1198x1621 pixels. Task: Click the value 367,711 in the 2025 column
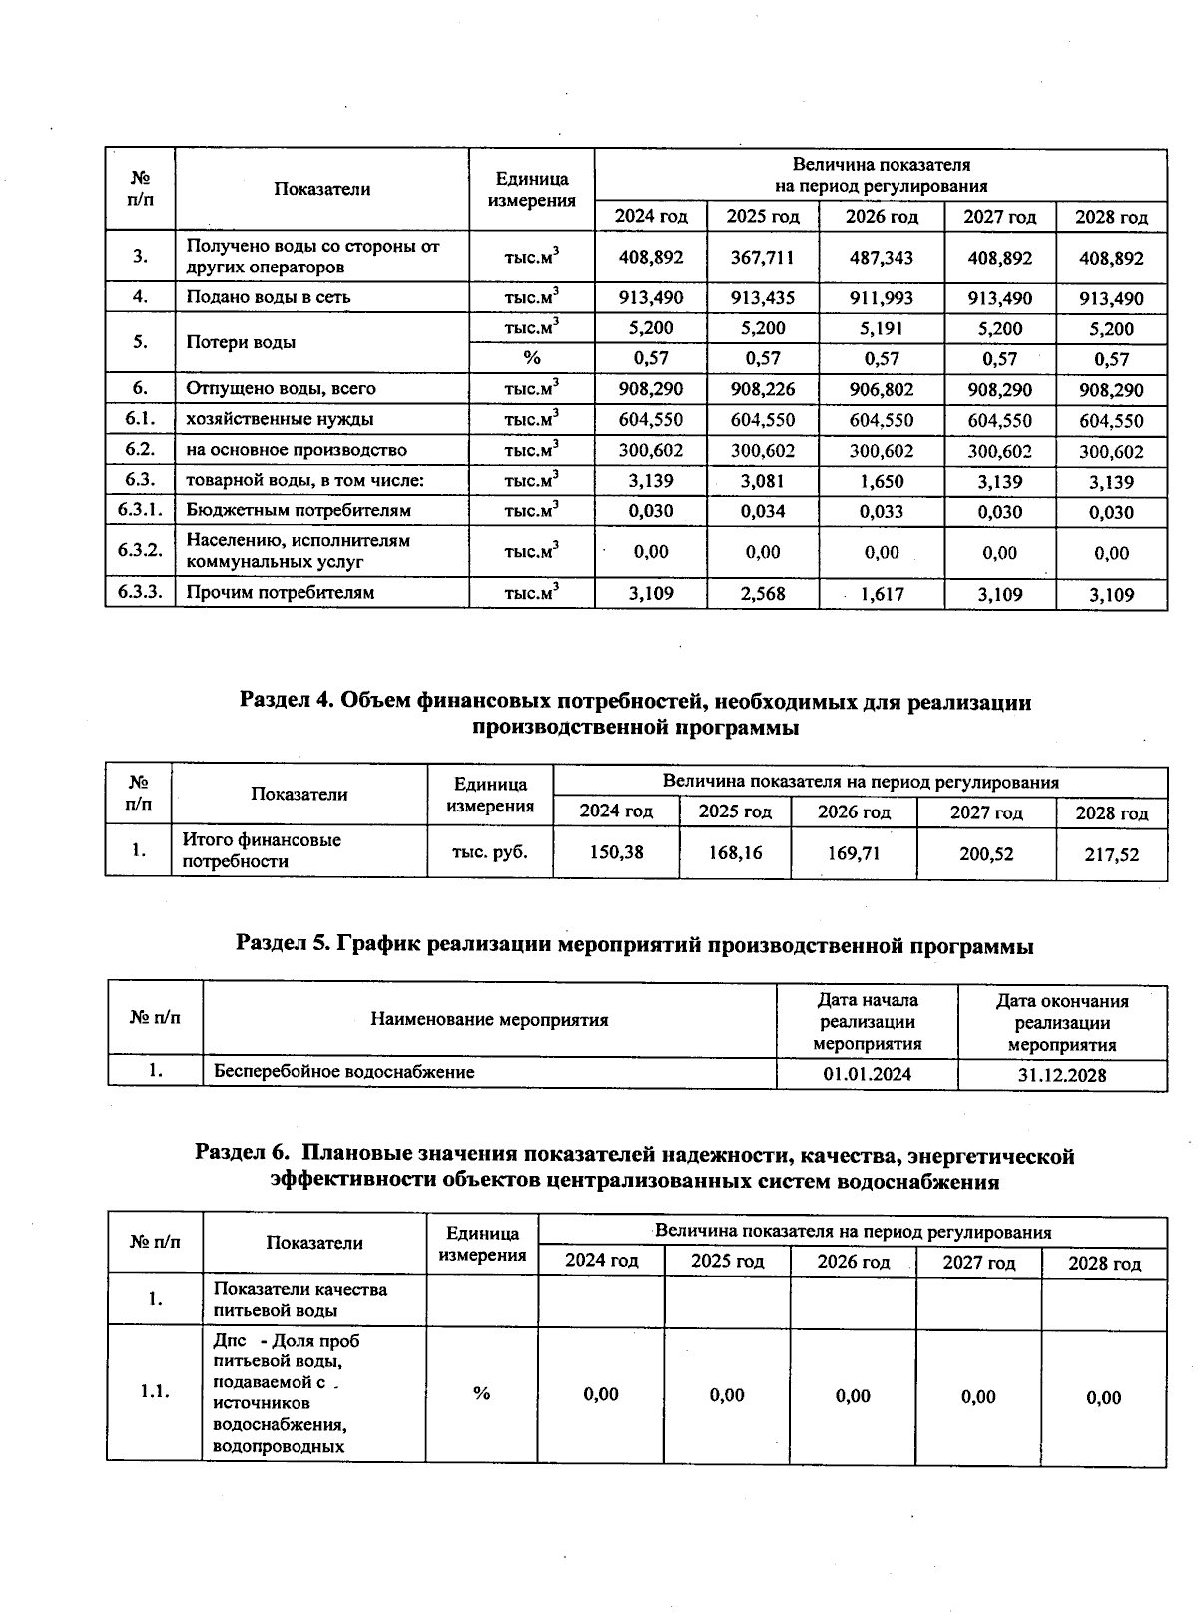coord(762,258)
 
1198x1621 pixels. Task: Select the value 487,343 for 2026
coord(881,258)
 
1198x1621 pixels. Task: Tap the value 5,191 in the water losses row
coord(881,328)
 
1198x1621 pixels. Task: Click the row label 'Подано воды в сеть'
coord(269,297)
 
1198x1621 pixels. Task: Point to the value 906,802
coord(881,389)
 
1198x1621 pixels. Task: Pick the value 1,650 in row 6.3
coord(881,481)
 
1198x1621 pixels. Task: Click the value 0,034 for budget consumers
coord(762,511)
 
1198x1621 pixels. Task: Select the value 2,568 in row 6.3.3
coord(762,594)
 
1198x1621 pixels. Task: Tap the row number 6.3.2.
coord(140,551)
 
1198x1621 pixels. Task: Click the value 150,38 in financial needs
coord(617,852)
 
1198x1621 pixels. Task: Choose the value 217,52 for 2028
coord(1111,855)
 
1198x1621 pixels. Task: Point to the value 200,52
coord(986,854)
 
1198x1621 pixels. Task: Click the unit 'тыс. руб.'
coord(489,851)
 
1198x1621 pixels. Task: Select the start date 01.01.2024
coord(867,1074)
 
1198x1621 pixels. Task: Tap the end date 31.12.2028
coord(1061,1075)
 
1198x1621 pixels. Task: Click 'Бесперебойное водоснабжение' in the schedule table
coord(344,1072)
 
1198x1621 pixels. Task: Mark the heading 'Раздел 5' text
coord(634,945)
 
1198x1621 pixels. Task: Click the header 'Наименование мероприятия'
coord(489,1020)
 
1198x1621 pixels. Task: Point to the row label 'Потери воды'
coord(241,342)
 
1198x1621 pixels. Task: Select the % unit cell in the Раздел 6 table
coord(482,1393)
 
